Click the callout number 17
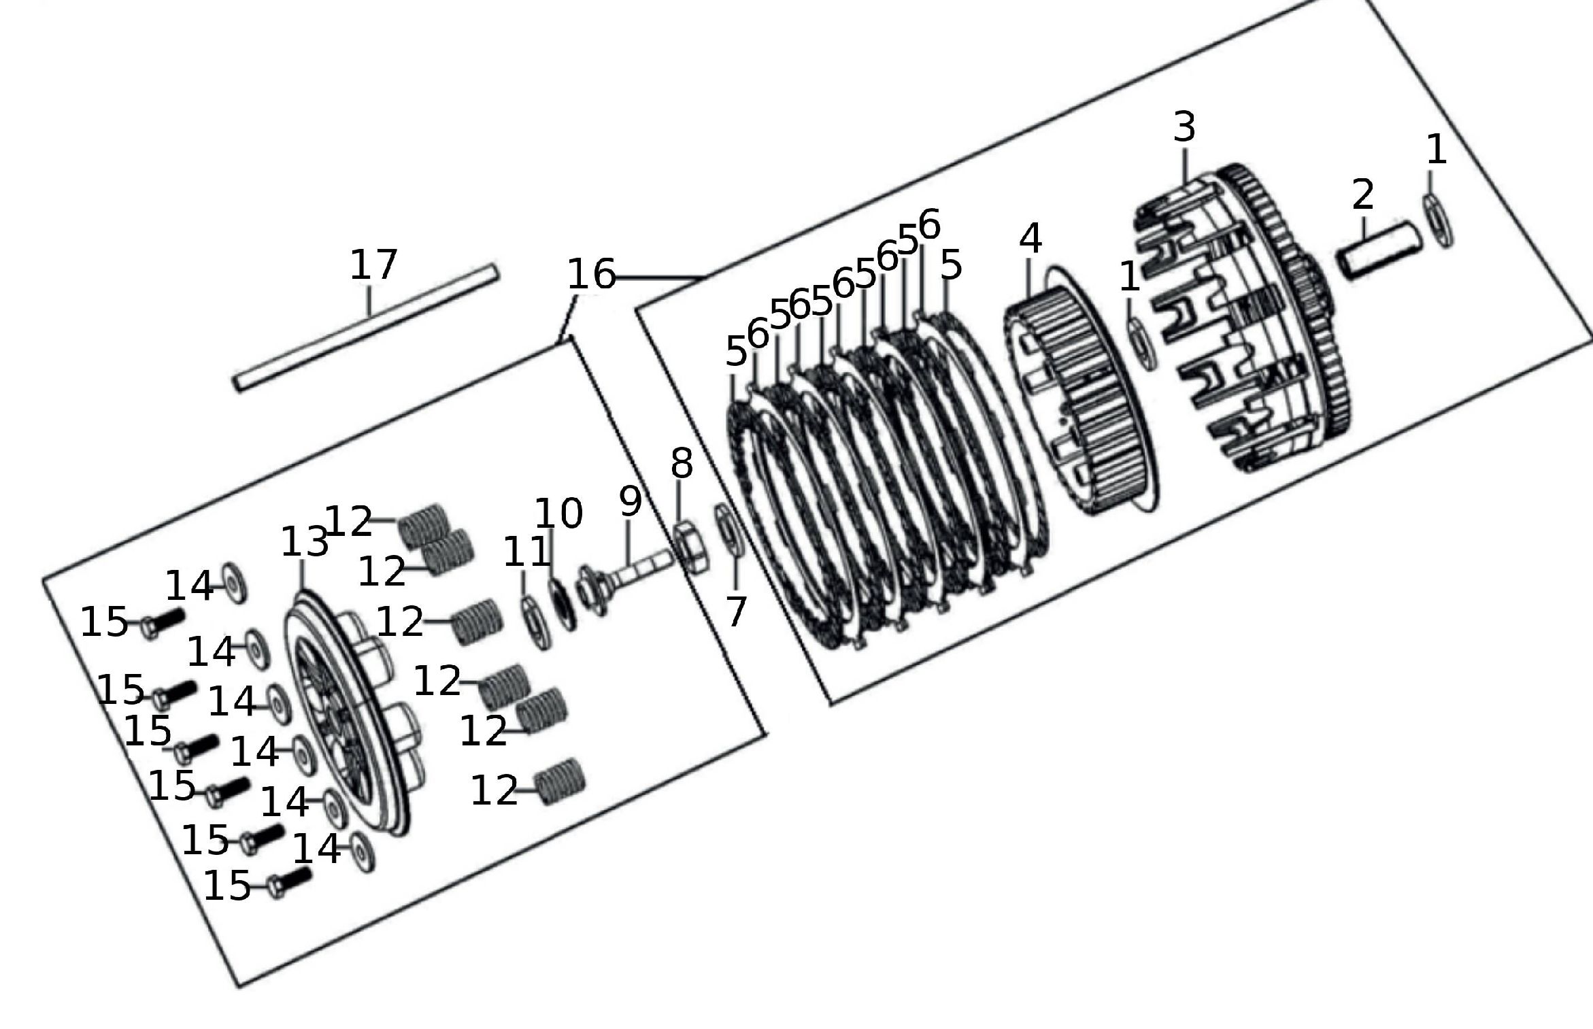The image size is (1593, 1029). pos(373,265)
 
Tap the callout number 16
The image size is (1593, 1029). pos(590,275)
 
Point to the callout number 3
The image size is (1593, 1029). pos(1184,127)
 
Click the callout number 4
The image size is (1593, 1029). pos(1030,239)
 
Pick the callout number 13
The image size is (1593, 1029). pos(304,543)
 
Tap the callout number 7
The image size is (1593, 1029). pos(737,611)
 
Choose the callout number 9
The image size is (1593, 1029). pos(631,501)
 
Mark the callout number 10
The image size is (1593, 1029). pos(558,513)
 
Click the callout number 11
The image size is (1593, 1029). pos(526,552)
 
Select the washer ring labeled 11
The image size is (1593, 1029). pos(537,622)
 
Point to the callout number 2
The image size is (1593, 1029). pos(1362,195)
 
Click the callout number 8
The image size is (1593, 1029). pos(682,464)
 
